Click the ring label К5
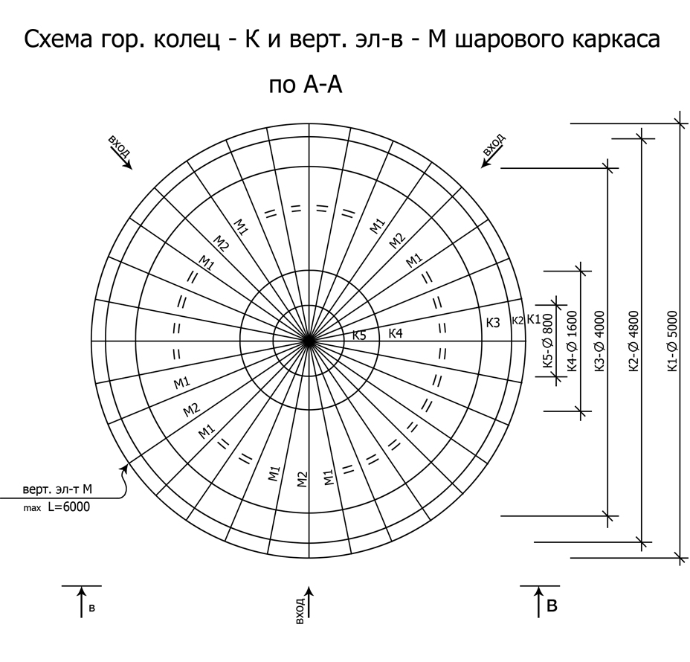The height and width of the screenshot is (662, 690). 359,335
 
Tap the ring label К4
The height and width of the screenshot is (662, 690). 395,334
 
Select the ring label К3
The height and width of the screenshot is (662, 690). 493,323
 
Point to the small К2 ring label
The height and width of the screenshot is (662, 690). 517,321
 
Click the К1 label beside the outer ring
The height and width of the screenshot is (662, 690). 534,319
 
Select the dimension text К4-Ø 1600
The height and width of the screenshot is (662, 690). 572,341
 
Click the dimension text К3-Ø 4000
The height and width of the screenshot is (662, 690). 600,341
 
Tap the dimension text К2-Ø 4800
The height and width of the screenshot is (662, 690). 633,341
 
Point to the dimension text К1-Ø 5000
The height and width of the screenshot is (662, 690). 672,341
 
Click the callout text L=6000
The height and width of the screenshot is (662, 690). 68,507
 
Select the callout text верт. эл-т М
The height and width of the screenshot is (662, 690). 57,489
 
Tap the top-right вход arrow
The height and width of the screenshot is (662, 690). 487,161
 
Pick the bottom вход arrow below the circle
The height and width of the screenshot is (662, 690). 309,602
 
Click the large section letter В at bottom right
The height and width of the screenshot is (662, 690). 552,606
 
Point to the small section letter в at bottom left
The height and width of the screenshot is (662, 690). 91,608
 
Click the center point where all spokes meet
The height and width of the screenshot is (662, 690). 309,341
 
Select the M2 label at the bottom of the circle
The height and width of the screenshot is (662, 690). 301,479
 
